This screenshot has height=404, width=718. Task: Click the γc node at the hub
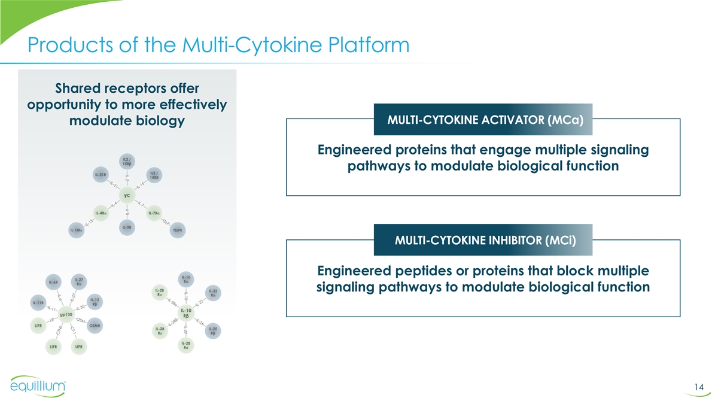coord(127,195)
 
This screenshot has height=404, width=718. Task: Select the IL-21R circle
coord(101,174)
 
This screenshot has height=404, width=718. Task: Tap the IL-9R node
coord(127,227)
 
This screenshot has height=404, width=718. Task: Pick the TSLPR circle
coord(177,230)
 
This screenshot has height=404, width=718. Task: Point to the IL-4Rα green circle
coord(101,212)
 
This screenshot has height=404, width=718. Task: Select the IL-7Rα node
coord(153,212)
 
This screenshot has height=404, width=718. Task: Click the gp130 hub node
coord(66,314)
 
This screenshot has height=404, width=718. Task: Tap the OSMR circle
coord(95,325)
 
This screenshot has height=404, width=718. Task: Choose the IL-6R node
coord(52,281)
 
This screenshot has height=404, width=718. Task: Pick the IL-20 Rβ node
coord(212,331)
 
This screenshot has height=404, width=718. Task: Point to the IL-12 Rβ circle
coord(94,300)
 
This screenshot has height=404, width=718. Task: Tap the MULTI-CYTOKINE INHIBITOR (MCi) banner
coord(482,240)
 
